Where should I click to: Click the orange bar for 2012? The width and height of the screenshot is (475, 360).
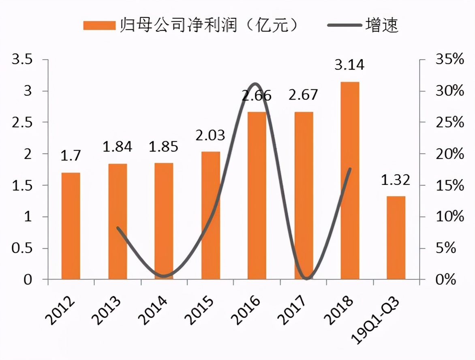tap(71, 226)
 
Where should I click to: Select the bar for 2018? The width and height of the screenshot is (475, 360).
tap(350, 181)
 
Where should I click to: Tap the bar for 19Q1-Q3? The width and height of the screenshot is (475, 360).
tap(396, 238)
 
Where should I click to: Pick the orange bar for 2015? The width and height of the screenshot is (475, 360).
tap(211, 216)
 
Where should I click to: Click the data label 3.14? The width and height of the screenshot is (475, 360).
tap(349, 65)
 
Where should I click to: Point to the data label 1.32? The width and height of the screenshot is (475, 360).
tap(396, 180)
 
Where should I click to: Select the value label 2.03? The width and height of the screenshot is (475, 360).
tap(210, 135)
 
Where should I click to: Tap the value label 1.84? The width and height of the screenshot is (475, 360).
tap(118, 147)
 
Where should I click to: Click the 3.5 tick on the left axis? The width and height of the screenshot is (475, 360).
tap(22, 60)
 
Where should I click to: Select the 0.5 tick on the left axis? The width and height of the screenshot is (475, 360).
tap(22, 249)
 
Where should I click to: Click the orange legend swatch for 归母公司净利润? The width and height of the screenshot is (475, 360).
tap(99, 26)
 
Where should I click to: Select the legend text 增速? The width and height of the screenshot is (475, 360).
tap(382, 25)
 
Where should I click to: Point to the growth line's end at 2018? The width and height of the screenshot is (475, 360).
tap(350, 169)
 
